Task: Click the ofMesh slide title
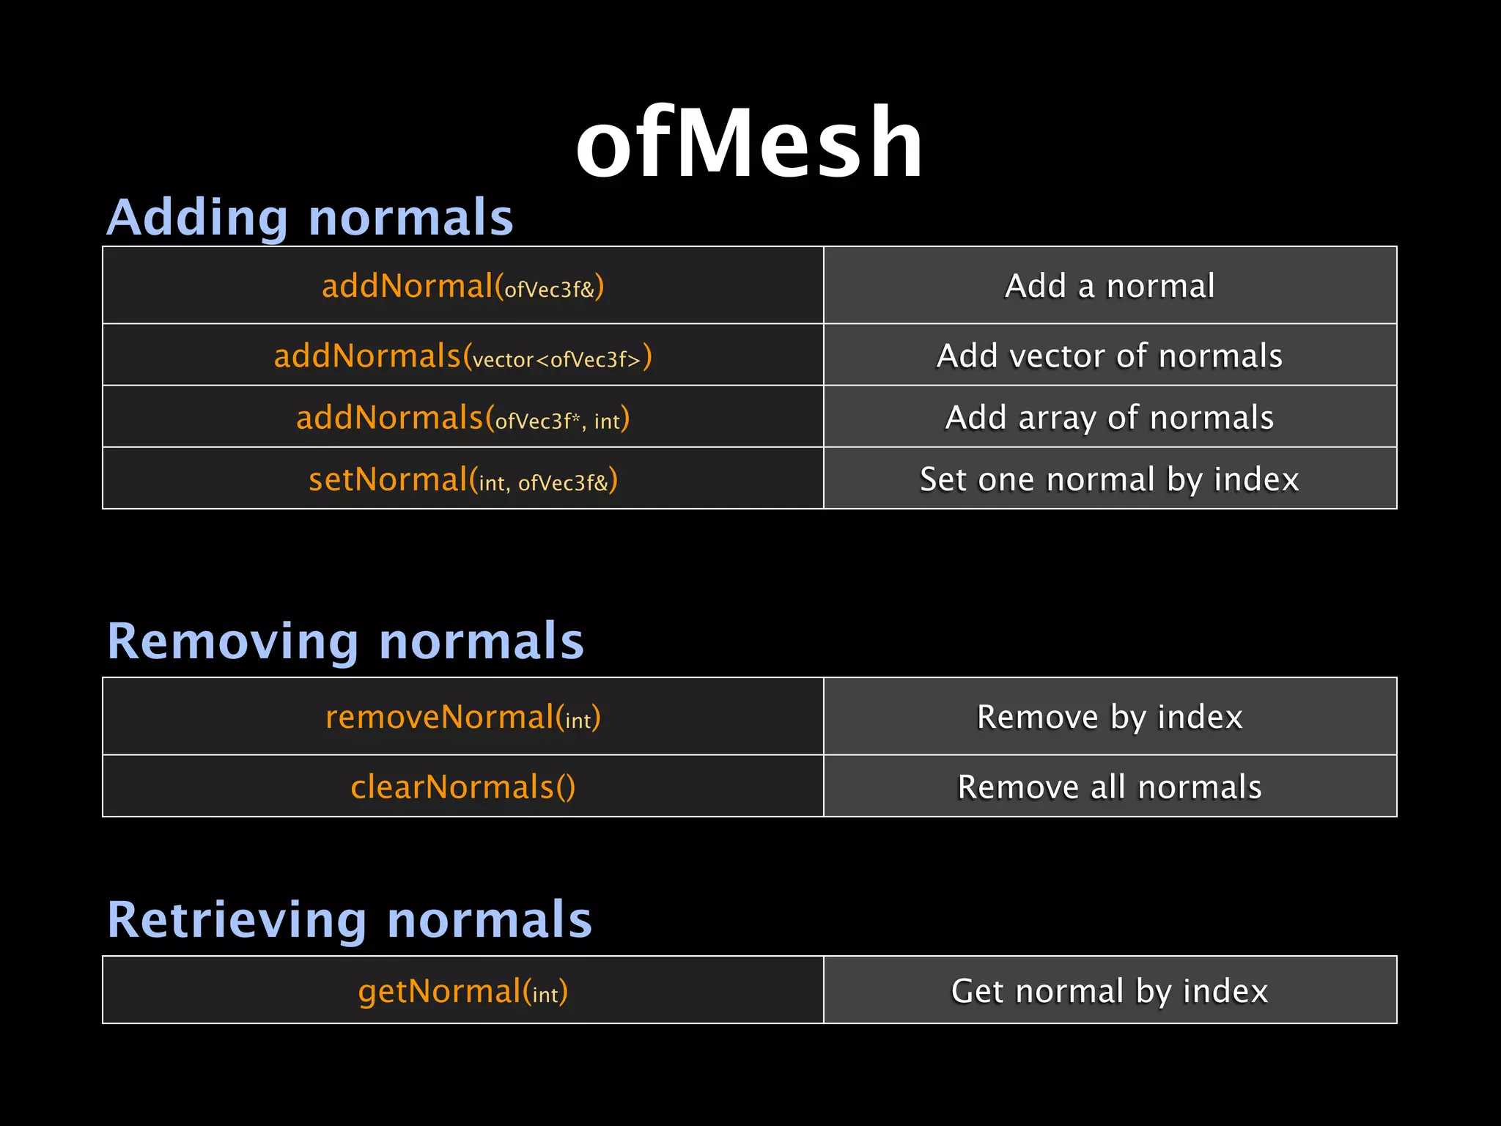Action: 749,142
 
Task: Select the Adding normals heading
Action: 310,218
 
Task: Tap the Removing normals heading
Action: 345,641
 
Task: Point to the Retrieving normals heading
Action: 349,919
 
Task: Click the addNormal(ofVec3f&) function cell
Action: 462,286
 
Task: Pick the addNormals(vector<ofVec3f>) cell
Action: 462,356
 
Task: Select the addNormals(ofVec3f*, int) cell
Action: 462,418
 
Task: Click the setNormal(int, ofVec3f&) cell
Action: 462,479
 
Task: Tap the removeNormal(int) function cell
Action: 462,717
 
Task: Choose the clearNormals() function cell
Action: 462,787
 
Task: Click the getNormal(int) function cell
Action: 462,991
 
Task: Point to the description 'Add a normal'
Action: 1110,286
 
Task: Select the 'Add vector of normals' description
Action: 1110,356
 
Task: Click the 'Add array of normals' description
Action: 1110,418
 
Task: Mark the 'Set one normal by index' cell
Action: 1110,479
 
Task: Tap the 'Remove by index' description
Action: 1110,717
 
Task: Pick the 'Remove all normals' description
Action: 1110,787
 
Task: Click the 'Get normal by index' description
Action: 1110,991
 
